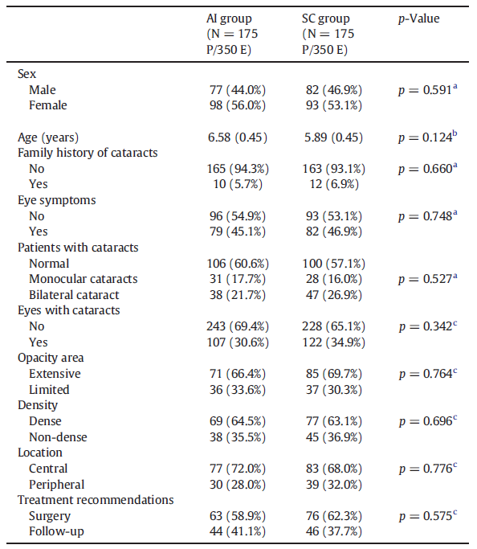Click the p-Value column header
418,18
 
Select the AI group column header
232,34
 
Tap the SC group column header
328,34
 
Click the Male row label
43,90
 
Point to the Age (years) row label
48,137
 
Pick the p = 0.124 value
428,137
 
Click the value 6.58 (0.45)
238,137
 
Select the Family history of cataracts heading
88,153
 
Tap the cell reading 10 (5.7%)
238,184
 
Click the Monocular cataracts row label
84,279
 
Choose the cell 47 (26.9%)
334,295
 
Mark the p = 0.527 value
428,279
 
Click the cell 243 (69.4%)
238,326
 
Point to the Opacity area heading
51,358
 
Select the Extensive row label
55,374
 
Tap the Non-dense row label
58,437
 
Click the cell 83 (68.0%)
334,469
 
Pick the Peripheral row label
57,485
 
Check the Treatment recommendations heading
96,500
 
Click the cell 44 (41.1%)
238,531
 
